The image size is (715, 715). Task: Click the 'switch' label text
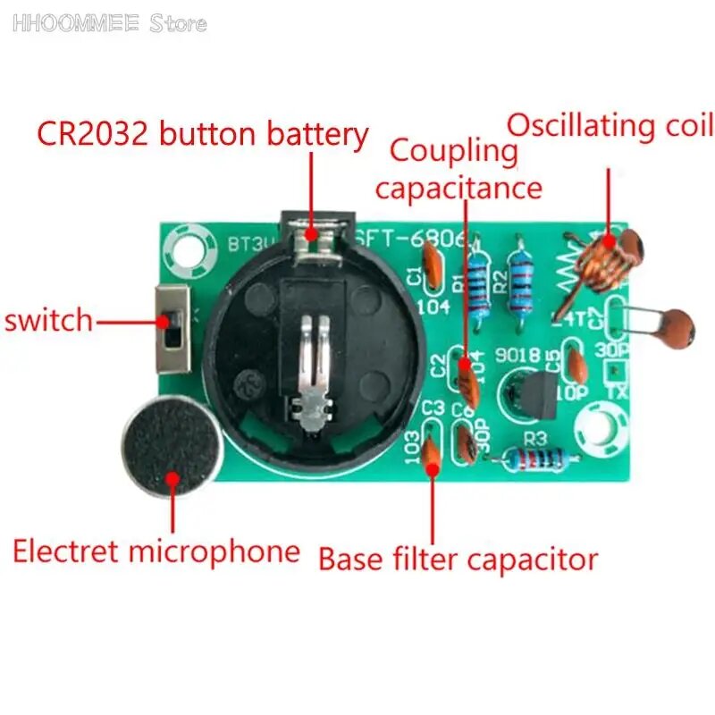tap(48, 319)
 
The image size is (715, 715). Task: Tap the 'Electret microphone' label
tap(156, 551)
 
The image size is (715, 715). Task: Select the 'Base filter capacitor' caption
tap(458, 559)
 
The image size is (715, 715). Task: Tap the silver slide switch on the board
tap(172, 329)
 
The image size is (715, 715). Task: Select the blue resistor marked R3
tap(533, 459)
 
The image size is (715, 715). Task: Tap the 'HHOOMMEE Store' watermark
tap(109, 23)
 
